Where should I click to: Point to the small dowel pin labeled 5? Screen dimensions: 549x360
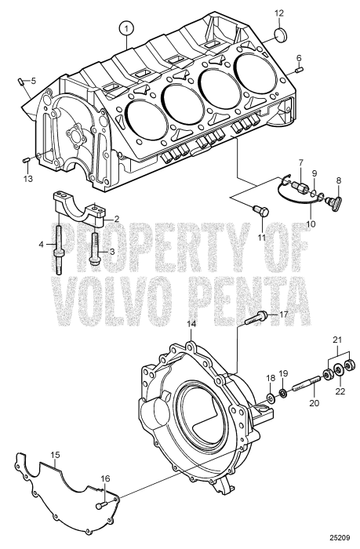[19, 80]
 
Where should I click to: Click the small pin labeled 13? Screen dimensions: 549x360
[26, 162]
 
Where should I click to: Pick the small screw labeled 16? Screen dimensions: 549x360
[100, 505]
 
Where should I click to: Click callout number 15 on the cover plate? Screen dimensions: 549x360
[55, 455]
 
